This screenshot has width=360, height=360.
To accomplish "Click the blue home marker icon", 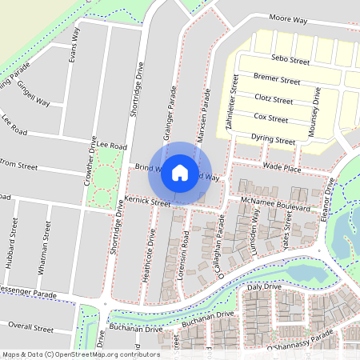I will coord(180,171).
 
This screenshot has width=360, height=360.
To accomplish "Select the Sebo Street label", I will coord(290,60).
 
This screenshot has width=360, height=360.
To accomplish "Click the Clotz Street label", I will coord(272,100).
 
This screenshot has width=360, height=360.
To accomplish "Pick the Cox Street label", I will coord(270,118).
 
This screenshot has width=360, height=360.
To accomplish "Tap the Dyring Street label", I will coord(273,139).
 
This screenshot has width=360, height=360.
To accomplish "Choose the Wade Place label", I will coord(282,169).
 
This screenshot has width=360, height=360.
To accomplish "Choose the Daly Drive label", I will coord(264,286).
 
